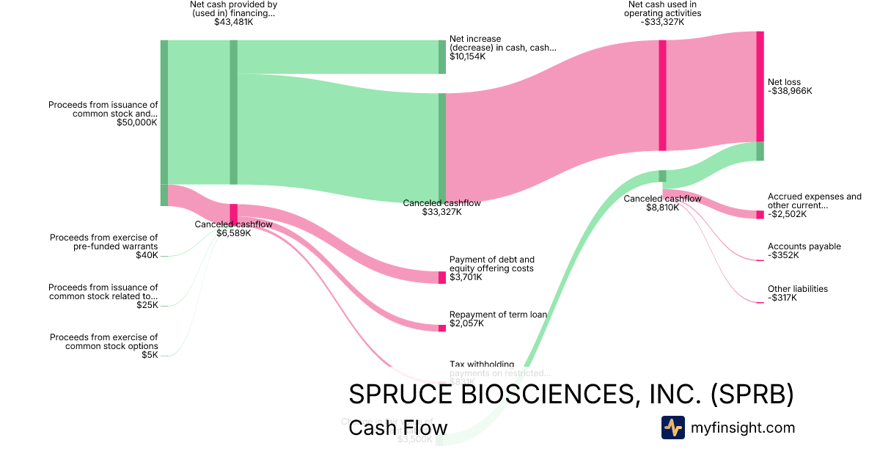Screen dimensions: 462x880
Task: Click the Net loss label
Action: (x=784, y=82)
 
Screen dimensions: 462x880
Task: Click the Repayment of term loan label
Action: (x=498, y=315)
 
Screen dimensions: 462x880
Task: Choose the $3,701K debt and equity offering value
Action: (x=466, y=277)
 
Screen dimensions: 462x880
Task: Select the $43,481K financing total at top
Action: (x=234, y=22)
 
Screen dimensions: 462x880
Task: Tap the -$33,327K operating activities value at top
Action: (x=662, y=22)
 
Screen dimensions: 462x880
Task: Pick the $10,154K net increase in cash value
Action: (x=467, y=56)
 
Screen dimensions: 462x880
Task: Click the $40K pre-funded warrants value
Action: (x=147, y=255)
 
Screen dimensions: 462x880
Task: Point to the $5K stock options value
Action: (x=150, y=355)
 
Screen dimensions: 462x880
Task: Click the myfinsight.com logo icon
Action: (x=672, y=428)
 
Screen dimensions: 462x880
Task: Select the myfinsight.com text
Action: (x=742, y=428)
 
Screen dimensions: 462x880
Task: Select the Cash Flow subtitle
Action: (x=397, y=428)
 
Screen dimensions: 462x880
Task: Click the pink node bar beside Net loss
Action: (x=760, y=87)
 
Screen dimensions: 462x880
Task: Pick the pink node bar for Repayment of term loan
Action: (x=442, y=328)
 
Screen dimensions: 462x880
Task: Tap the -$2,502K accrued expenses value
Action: (x=787, y=214)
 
